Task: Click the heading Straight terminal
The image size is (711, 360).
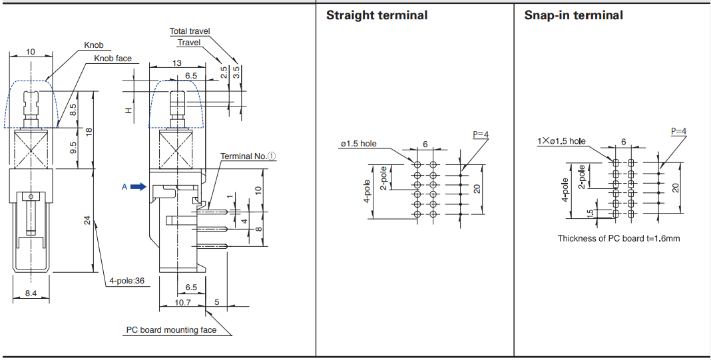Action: (376, 15)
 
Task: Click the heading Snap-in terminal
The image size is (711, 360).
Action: (573, 15)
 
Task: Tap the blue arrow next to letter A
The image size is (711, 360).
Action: (138, 187)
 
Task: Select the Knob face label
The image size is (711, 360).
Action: (113, 59)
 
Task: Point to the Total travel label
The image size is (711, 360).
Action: (189, 31)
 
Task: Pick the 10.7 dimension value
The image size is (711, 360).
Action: (182, 302)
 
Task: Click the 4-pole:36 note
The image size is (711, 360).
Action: (126, 281)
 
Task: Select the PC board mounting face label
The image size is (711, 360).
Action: (171, 330)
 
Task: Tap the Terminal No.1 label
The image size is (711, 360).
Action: (248, 156)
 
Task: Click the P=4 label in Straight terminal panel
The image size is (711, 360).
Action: (481, 134)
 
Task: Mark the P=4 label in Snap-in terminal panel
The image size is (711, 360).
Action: (678, 131)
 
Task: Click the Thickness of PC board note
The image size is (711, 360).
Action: (618, 238)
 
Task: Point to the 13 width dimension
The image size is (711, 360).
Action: (176, 63)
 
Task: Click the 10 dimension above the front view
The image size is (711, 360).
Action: (31, 52)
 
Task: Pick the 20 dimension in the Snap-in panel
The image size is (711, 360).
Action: (676, 188)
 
